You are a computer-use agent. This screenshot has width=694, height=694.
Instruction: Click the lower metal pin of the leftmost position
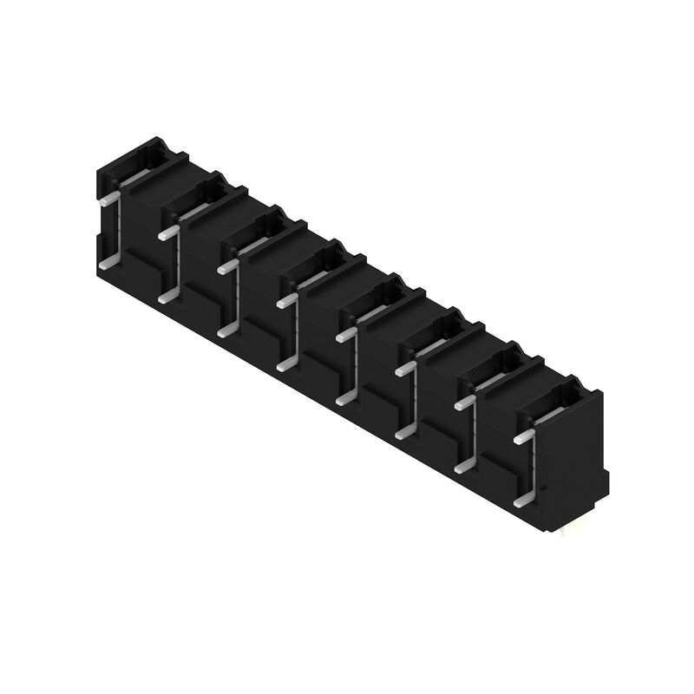pyautogui.click(x=108, y=262)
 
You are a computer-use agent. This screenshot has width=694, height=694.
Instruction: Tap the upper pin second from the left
pyautogui.click(x=167, y=232)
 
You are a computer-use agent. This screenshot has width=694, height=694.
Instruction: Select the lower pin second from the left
pyautogui.click(x=167, y=297)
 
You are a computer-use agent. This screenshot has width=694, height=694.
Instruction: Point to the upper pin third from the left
pyautogui.click(x=226, y=266)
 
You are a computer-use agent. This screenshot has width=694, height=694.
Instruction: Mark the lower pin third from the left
pyautogui.click(x=226, y=331)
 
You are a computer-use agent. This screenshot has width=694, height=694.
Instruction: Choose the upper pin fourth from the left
pyautogui.click(x=286, y=301)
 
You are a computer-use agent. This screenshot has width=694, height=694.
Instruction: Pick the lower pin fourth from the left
pyautogui.click(x=285, y=365)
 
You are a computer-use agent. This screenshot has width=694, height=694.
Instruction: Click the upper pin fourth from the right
pyautogui.click(x=345, y=335)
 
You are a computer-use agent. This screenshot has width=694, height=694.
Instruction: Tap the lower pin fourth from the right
pyautogui.click(x=344, y=398)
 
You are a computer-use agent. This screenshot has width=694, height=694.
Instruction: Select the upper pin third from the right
pyautogui.click(x=405, y=369)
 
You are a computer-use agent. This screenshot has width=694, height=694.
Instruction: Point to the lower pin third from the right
pyautogui.click(x=404, y=432)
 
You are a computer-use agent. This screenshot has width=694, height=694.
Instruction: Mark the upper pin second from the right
pyautogui.click(x=464, y=403)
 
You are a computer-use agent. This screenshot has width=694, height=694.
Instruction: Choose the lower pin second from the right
pyautogui.click(x=464, y=467)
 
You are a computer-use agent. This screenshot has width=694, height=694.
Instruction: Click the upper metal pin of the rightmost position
pyautogui.click(x=523, y=437)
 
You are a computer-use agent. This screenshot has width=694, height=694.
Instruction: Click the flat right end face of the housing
pyautogui.click(x=573, y=460)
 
